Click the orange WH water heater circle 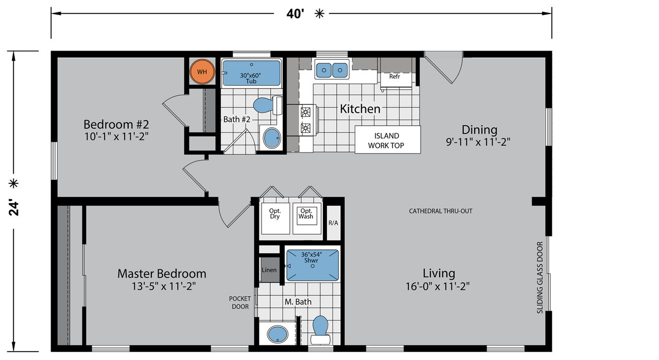click(202, 72)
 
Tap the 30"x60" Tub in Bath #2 click(252, 73)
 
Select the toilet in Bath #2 click(267, 105)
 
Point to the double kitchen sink click(332, 70)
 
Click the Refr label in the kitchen click(394, 77)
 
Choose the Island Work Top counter click(388, 140)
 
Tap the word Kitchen click(360, 109)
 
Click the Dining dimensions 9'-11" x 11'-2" click(478, 142)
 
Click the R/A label click(333, 223)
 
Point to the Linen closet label click(269, 270)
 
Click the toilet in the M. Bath click(320, 330)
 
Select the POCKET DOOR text click(240, 303)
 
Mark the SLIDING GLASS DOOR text click(540, 278)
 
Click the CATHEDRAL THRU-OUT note click(440, 211)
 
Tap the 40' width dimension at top click(296, 14)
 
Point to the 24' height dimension click(14, 208)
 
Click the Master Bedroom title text click(162, 274)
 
